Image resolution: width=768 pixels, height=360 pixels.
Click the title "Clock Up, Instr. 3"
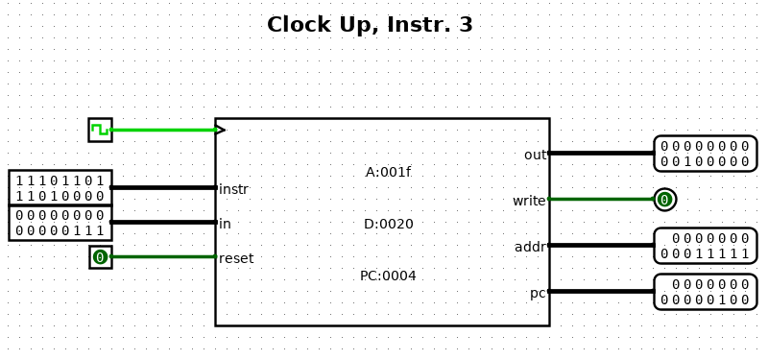(370, 25)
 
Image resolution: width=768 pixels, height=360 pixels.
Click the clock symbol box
(101, 130)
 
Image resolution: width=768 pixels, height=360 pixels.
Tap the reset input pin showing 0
(101, 257)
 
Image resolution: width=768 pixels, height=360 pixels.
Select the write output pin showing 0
(664, 200)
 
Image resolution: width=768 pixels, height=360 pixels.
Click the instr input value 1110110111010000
(60, 188)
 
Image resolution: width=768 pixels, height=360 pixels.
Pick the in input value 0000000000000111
(60, 223)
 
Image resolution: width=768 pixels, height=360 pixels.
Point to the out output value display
(706, 154)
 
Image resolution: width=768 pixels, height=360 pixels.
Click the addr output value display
(706, 246)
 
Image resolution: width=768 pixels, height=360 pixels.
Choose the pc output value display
(706, 292)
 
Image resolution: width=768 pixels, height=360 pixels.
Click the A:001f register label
(388, 173)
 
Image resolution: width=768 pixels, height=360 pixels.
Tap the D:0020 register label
(389, 225)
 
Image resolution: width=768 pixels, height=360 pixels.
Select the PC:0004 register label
(388, 276)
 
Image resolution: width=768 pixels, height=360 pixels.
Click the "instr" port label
(233, 189)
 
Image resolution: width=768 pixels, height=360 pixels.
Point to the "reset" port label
(236, 258)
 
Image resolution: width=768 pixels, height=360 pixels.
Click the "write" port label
(529, 201)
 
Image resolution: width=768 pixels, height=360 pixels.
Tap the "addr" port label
(530, 248)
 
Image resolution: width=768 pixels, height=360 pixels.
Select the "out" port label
(535, 155)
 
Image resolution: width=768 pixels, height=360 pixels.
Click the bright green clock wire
(163, 130)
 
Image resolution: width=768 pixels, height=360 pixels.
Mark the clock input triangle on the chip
(220, 130)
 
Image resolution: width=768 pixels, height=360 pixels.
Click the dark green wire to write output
(602, 199)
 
